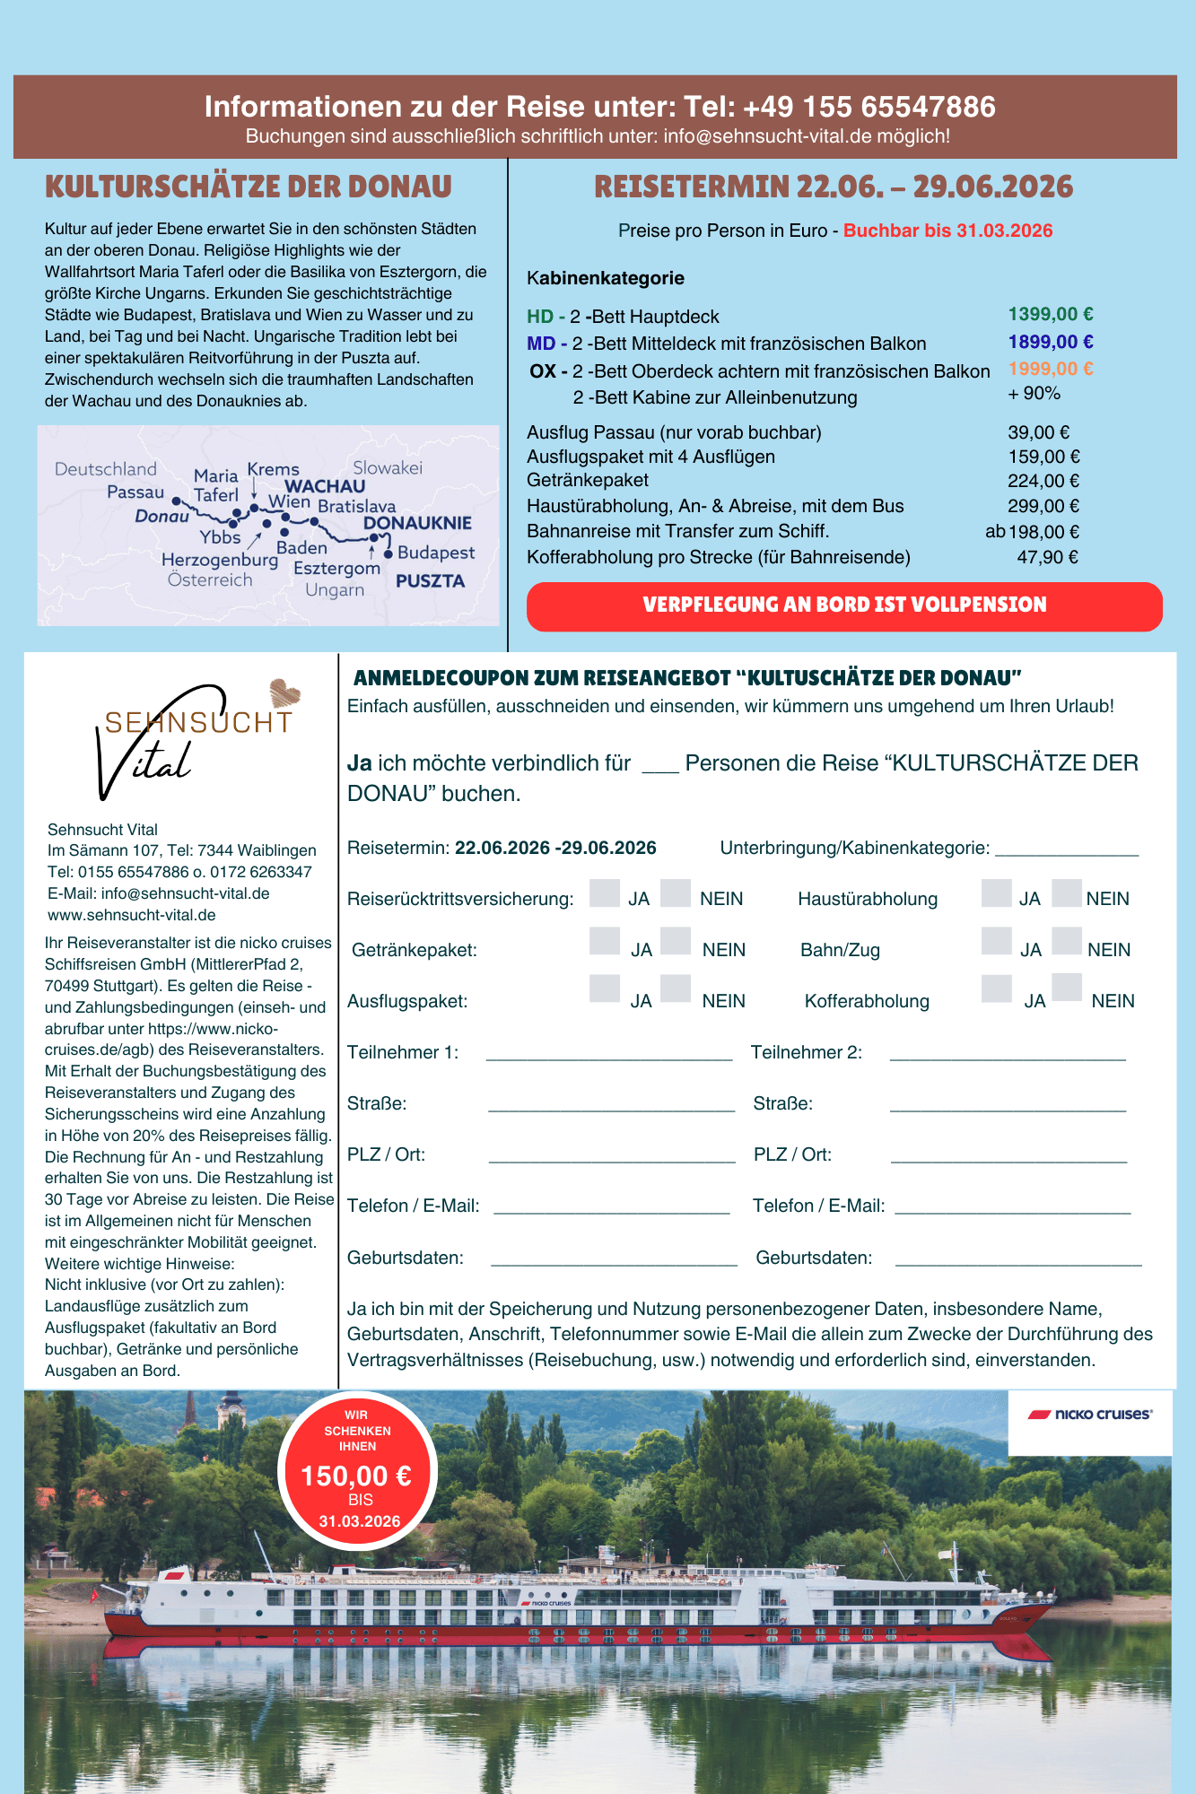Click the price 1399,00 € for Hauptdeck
1050,315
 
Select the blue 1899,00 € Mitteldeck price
1050,343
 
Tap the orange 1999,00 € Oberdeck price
1050,370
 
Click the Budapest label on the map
436,553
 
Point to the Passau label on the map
135,492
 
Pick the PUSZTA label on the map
430,581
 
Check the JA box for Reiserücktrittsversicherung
605,893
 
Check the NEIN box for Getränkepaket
676,941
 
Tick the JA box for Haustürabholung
996,893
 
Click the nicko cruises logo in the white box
1090,1415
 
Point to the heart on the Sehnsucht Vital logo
285,692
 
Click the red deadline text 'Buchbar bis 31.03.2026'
947,231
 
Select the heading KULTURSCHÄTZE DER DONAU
249,187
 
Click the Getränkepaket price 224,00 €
1043,482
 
